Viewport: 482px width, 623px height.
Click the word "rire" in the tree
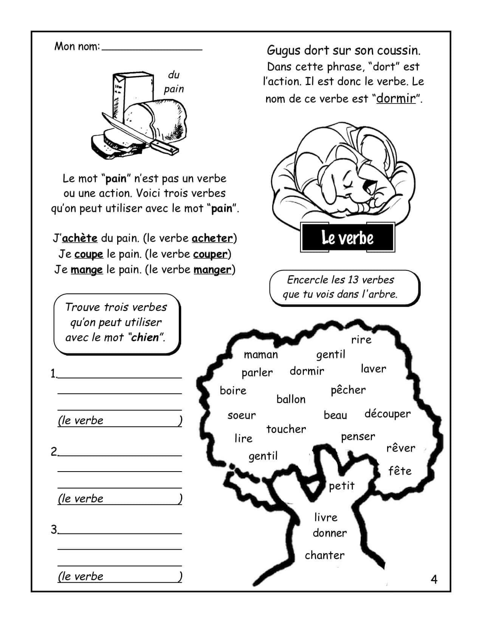point(361,340)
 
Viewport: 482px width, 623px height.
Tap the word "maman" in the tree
point(261,355)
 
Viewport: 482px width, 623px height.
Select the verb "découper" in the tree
point(387,414)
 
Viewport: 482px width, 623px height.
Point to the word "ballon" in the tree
point(291,399)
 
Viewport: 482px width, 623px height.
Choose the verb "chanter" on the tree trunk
point(325,555)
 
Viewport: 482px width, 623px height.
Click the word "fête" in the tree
point(400,471)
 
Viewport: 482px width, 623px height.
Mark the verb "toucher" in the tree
point(286,429)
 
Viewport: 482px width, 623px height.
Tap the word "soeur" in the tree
point(242,415)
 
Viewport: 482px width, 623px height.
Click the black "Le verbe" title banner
point(347,237)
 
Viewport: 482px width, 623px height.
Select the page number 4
point(434,579)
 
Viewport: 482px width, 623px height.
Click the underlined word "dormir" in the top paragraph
point(396,99)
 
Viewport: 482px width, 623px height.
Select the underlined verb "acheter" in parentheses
point(212,238)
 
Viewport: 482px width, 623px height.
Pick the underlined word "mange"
point(87,270)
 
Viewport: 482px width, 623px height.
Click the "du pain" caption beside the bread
point(174,82)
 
